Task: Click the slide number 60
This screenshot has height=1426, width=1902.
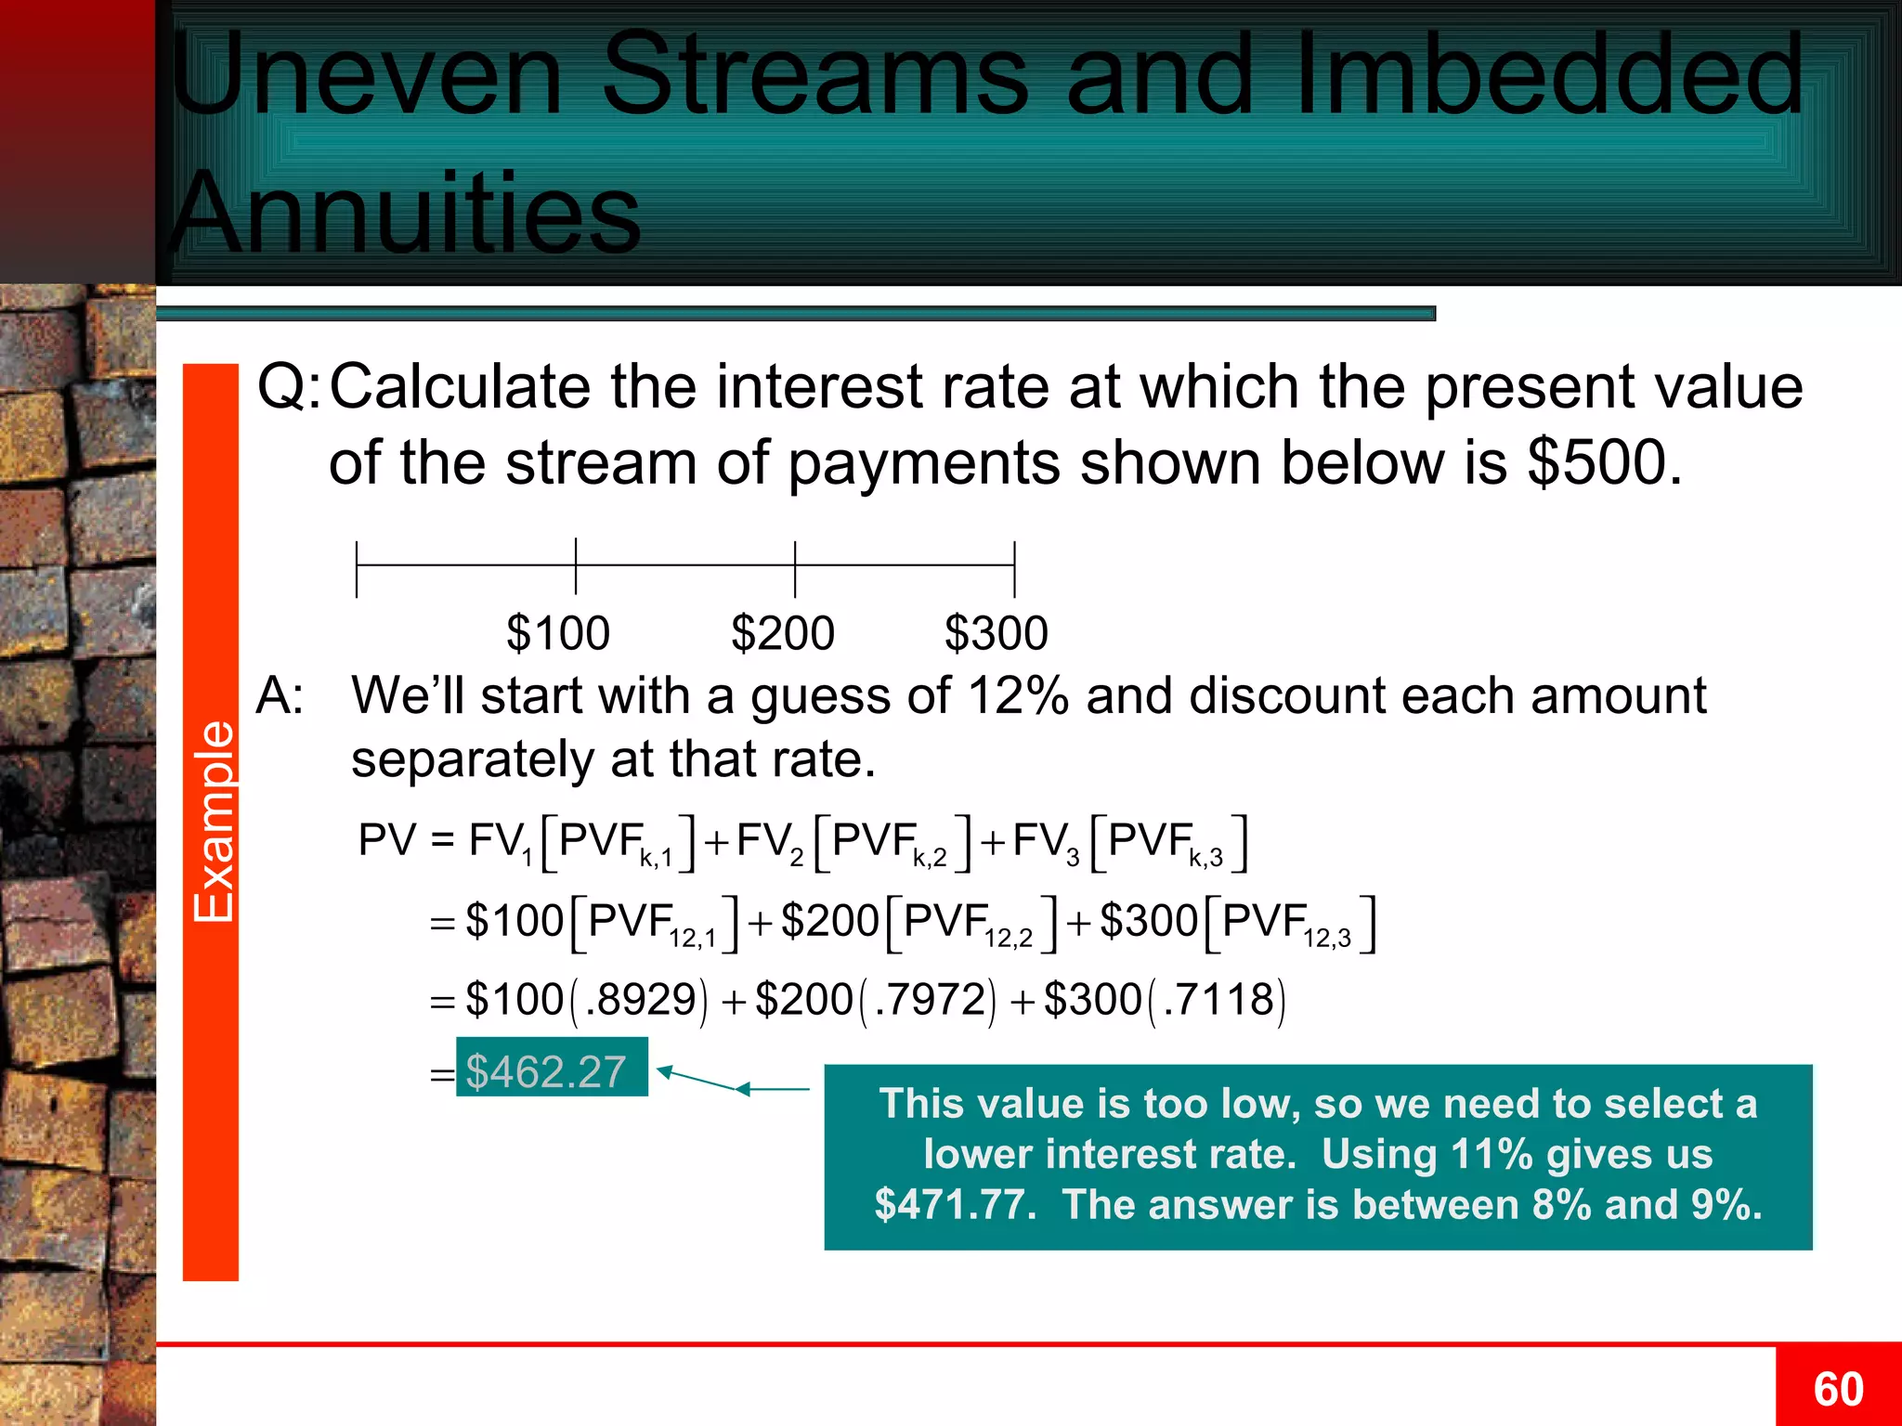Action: [x=1838, y=1390]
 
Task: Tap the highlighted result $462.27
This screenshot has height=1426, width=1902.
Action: [x=547, y=1071]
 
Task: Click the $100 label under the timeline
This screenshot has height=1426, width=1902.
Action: [x=558, y=634]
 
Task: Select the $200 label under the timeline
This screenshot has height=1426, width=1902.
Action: [x=783, y=634]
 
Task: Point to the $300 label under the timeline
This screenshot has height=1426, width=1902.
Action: [x=997, y=634]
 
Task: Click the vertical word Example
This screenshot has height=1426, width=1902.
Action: [x=213, y=821]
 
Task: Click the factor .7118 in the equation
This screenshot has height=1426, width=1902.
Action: [x=1218, y=1000]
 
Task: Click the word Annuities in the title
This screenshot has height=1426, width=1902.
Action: [x=406, y=213]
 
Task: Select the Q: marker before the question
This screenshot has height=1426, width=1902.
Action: [x=289, y=387]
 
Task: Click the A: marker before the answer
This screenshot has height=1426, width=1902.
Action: [x=280, y=695]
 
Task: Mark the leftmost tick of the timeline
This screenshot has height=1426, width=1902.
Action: [x=357, y=569]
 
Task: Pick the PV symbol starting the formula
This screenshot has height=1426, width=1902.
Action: [x=386, y=840]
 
